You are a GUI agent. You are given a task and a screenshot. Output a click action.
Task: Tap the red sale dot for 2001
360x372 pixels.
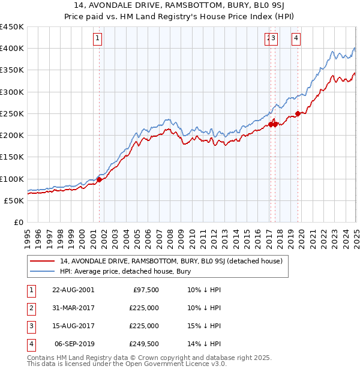[x=100, y=179]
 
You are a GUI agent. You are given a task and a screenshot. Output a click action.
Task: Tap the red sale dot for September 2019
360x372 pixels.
[x=298, y=113]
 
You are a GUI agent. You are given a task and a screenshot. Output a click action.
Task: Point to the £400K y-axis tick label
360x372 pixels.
[x=11, y=49]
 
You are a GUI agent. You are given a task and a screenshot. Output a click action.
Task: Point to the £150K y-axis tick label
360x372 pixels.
[x=11, y=157]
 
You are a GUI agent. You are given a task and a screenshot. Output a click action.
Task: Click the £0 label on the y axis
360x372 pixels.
[x=18, y=223]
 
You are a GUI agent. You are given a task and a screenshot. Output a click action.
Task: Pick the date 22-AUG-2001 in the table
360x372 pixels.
[x=73, y=290]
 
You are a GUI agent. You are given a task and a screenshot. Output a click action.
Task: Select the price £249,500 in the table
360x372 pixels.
[x=143, y=344]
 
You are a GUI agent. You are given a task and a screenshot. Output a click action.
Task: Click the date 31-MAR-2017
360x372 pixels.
[x=73, y=308]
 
